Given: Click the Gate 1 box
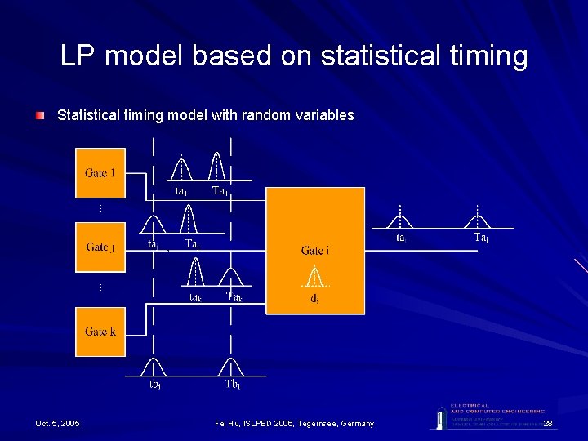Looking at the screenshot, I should [x=100, y=173].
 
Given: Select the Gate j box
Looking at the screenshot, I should [x=100, y=247].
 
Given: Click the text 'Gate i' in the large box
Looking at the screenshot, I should [x=315, y=251].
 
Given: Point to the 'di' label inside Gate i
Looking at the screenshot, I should [x=314, y=299].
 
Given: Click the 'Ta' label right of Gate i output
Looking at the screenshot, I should [x=481, y=238].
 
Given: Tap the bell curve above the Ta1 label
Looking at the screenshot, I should [x=216, y=167].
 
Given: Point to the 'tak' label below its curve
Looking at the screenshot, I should [x=196, y=298].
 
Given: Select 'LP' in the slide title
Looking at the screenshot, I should [x=78, y=56].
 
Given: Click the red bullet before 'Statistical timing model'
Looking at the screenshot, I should [x=40, y=116].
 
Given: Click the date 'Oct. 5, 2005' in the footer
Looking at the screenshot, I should [x=57, y=423].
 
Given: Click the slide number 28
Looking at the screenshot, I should [x=548, y=423].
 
